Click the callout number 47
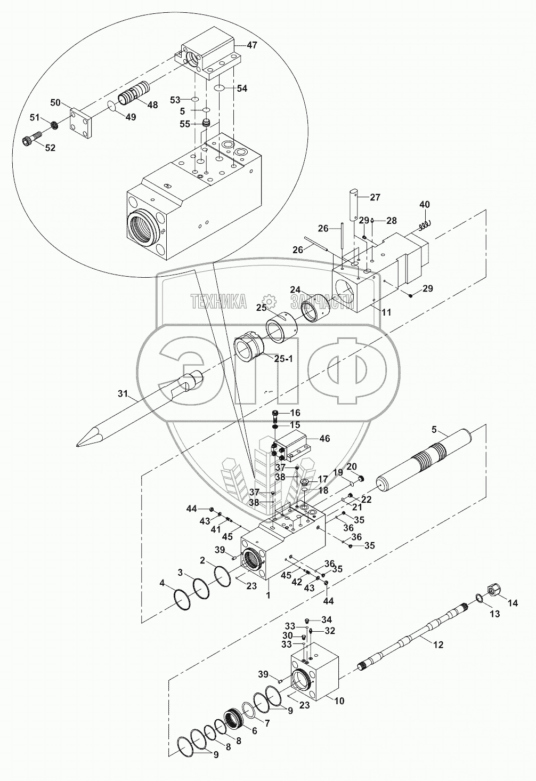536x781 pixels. pos(251,45)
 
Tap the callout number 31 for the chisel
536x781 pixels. pos(123,393)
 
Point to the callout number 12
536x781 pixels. pos(438,645)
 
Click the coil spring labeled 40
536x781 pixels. pos(425,225)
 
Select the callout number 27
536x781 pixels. pos(375,197)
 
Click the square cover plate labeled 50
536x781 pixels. pos(81,123)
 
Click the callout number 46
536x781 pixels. pos(324,438)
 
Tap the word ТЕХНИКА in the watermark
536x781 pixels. pos(218,301)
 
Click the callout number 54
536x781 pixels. pos(241,88)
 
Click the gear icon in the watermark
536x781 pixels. pos(269,301)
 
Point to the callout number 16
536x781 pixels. pos(295,413)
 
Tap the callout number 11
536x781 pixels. pos(386,312)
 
